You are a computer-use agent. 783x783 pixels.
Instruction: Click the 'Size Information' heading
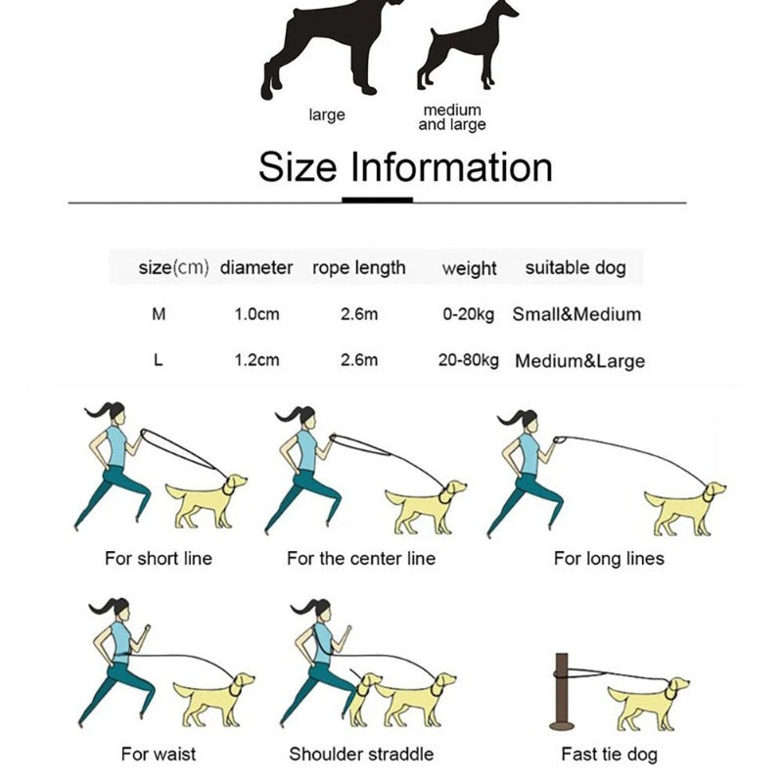click(405, 166)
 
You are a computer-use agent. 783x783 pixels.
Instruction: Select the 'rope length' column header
click(358, 268)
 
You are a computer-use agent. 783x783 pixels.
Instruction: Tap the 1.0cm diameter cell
click(256, 314)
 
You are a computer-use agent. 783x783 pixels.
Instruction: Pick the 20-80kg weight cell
click(469, 360)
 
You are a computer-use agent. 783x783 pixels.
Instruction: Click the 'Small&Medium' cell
click(576, 314)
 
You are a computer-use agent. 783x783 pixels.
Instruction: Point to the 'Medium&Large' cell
click(579, 360)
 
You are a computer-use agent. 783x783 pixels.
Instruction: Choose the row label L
click(159, 359)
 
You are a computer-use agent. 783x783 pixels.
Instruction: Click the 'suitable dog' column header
click(576, 268)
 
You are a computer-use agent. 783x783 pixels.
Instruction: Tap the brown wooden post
click(562, 692)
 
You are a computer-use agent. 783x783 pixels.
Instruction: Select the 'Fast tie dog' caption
click(609, 754)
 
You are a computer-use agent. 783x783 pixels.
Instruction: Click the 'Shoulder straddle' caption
click(361, 754)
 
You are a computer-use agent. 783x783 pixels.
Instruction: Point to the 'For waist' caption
click(159, 754)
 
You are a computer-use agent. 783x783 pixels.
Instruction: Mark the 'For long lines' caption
click(609, 558)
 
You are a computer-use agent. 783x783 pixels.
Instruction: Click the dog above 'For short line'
click(206, 502)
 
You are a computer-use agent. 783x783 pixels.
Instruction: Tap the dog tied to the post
click(649, 703)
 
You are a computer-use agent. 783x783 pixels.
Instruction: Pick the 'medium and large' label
click(452, 117)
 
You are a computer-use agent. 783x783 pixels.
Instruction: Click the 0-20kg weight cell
click(469, 314)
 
